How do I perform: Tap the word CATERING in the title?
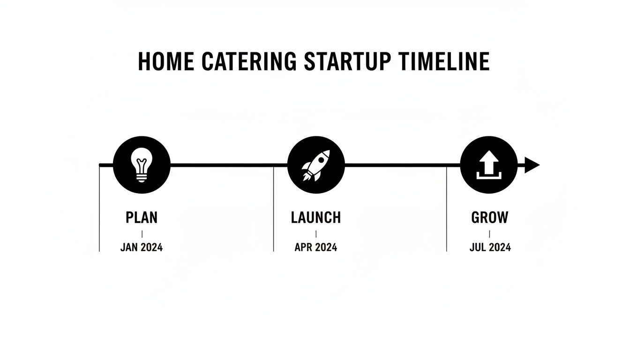pyautogui.click(x=249, y=62)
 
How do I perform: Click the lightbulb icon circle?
pyautogui.click(x=142, y=165)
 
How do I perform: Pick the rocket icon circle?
pyautogui.click(x=315, y=165)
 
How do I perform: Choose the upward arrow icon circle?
pyautogui.click(x=489, y=165)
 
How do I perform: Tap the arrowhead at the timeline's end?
pyautogui.click(x=532, y=165)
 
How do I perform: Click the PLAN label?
pyautogui.click(x=142, y=217)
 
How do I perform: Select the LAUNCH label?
pyautogui.click(x=316, y=217)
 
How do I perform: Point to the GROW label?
pyautogui.click(x=489, y=217)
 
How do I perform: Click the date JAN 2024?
pyautogui.click(x=142, y=247)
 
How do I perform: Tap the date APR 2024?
pyautogui.click(x=316, y=247)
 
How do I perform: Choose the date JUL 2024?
pyautogui.click(x=490, y=247)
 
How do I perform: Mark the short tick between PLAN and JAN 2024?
pyautogui.click(x=142, y=233)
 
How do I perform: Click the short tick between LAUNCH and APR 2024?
pyautogui.click(x=316, y=233)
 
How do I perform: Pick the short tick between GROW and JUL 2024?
pyautogui.click(x=489, y=233)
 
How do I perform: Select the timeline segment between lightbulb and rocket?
pyautogui.click(x=229, y=165)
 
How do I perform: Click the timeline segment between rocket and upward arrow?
pyautogui.click(x=402, y=165)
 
